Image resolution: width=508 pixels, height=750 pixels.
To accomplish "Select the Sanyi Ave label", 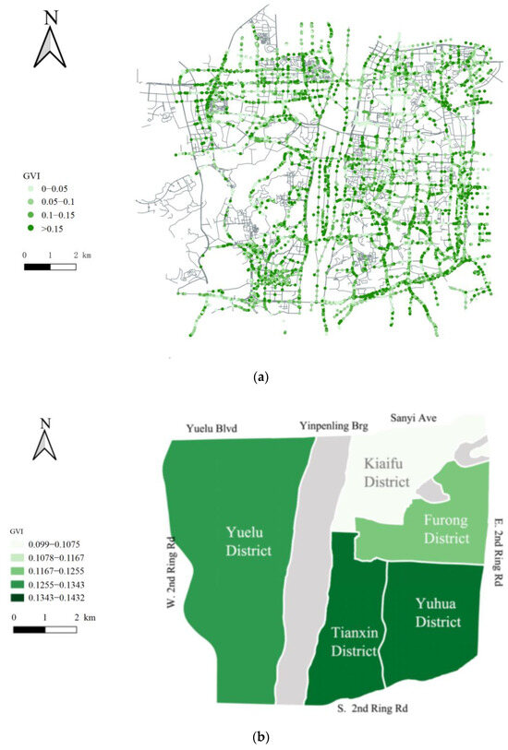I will point(412,418).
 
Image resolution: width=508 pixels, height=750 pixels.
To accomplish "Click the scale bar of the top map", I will point(50,266).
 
